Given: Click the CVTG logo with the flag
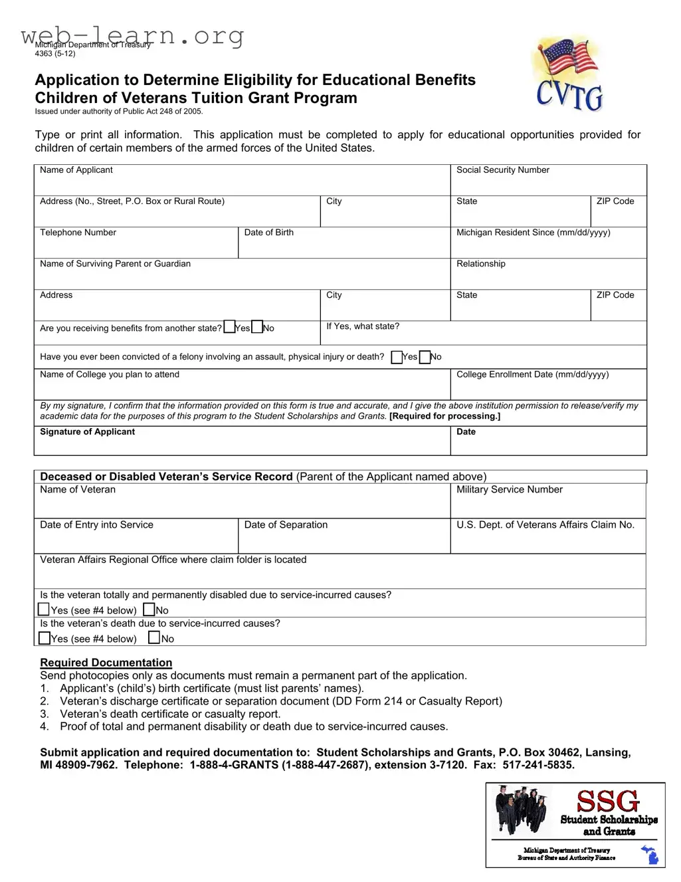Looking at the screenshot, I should click(x=569, y=74).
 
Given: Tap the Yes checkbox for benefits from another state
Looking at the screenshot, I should click(x=230, y=327).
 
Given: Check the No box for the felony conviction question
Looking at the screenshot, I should click(x=425, y=357).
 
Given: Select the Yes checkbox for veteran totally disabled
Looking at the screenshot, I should click(x=45, y=609).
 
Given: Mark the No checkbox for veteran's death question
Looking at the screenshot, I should click(x=154, y=638).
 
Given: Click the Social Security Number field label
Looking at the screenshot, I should click(x=502, y=170).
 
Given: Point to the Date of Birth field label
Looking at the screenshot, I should click(x=268, y=233).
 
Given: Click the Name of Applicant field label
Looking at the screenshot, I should click(x=76, y=170).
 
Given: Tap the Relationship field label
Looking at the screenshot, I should click(x=480, y=264).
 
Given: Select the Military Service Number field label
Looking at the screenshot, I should click(x=509, y=490).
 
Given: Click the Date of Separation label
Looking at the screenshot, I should click(x=286, y=525).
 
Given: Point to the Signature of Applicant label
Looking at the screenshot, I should click(x=87, y=432).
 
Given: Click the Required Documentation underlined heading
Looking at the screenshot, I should click(x=106, y=663).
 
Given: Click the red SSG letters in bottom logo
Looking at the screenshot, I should click(x=607, y=801).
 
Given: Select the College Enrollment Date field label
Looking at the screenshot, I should click(x=532, y=375).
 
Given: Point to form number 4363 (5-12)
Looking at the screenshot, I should click(x=55, y=54).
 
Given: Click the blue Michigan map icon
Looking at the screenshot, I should click(x=650, y=855).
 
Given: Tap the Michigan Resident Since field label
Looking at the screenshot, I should click(x=533, y=233).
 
